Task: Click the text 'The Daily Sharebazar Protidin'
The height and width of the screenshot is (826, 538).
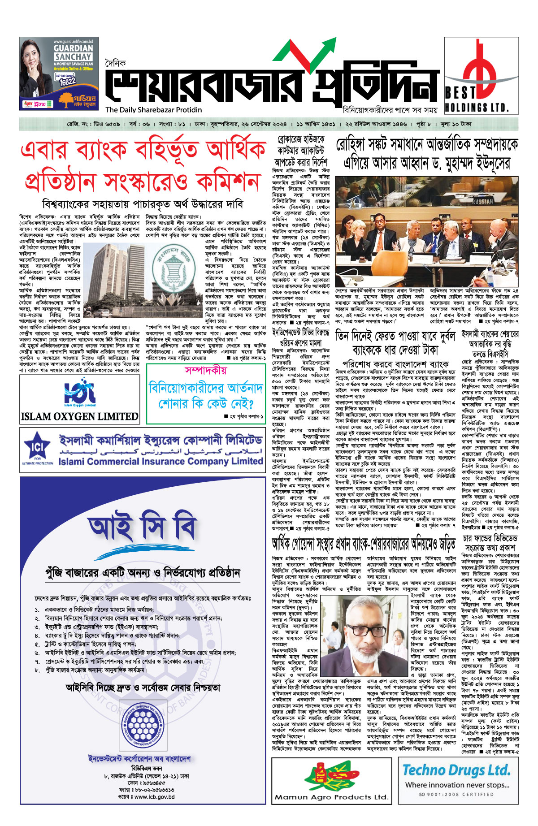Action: coord(154,110)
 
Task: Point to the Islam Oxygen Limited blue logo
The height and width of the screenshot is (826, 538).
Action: coord(80,393)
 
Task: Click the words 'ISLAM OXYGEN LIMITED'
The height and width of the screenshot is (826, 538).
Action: coord(80,416)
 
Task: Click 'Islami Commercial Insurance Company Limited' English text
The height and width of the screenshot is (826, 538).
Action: coord(161,461)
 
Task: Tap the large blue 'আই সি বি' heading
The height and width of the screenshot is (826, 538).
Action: coord(142,528)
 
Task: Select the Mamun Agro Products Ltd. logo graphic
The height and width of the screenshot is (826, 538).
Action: coord(332,776)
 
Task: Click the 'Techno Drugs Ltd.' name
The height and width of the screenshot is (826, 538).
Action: coord(456,770)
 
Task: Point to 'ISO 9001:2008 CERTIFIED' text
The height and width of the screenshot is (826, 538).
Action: coord(456,795)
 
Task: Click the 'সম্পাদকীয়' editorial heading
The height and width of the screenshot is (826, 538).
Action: coord(206,370)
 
